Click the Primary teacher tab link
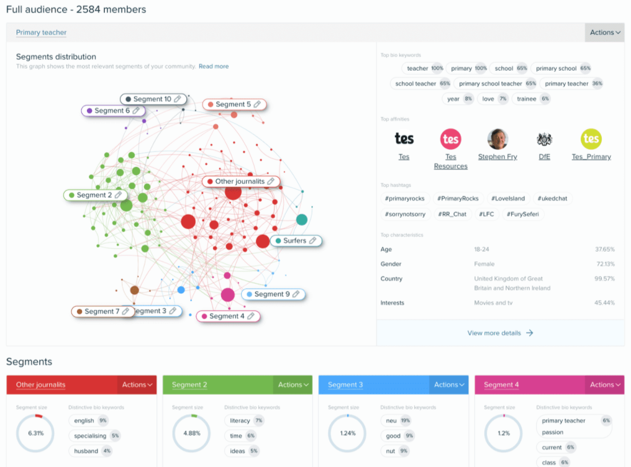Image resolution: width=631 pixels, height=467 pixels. click(x=41, y=32)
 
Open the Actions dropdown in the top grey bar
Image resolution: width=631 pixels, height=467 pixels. click(x=604, y=32)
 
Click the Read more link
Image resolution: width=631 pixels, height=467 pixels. click(x=214, y=66)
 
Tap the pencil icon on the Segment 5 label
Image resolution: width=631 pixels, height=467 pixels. click(x=257, y=104)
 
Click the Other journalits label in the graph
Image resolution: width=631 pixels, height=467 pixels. click(x=240, y=181)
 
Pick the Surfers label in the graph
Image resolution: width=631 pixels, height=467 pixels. click(x=295, y=240)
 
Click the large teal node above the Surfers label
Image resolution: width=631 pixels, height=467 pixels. click(x=302, y=219)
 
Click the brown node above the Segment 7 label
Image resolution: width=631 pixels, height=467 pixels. click(x=134, y=290)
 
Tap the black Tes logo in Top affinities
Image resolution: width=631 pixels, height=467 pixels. click(x=404, y=138)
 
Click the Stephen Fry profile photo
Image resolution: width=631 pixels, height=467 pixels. click(x=497, y=138)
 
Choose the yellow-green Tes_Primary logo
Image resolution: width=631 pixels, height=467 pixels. click(x=591, y=138)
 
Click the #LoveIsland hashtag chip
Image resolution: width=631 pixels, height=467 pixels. click(x=507, y=199)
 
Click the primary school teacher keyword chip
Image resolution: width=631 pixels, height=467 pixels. click(x=491, y=83)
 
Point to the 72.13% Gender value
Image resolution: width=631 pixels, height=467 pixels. click(x=604, y=264)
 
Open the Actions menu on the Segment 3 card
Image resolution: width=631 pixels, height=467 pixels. click(x=448, y=385)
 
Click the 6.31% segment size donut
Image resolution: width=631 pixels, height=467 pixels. click(x=35, y=433)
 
